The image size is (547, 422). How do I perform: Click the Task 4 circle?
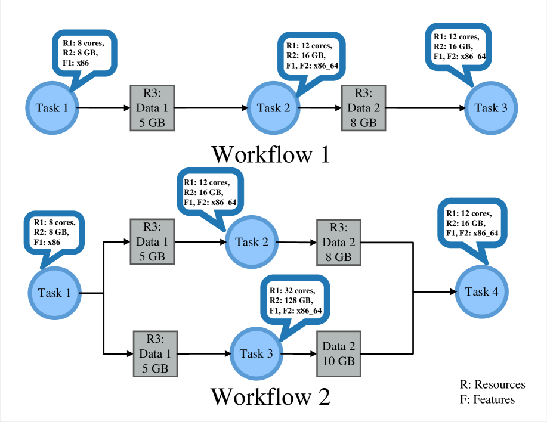(481, 291)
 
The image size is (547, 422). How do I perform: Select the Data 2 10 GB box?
(338, 354)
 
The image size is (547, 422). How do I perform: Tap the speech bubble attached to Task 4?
(472, 222)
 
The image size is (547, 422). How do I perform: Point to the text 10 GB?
(338, 361)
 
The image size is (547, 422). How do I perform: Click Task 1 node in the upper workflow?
(52, 108)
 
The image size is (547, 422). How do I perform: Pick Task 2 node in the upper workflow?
(273, 108)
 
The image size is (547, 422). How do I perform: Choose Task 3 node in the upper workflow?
(491, 108)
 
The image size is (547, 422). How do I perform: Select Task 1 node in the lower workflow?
(54, 293)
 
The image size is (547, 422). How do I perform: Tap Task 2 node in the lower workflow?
(252, 242)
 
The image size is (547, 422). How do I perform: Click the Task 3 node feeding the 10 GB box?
(256, 353)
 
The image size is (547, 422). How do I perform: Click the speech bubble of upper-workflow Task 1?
(85, 53)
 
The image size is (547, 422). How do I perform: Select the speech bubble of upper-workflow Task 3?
(458, 46)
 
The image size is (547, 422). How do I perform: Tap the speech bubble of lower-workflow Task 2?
(211, 190)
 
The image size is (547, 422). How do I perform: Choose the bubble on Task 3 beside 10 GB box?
(295, 298)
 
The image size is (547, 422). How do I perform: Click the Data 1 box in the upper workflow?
(152, 108)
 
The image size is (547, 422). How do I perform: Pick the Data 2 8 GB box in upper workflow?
(363, 108)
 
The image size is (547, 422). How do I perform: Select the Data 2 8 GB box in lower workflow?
(338, 242)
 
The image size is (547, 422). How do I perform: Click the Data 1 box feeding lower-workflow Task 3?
(155, 353)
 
